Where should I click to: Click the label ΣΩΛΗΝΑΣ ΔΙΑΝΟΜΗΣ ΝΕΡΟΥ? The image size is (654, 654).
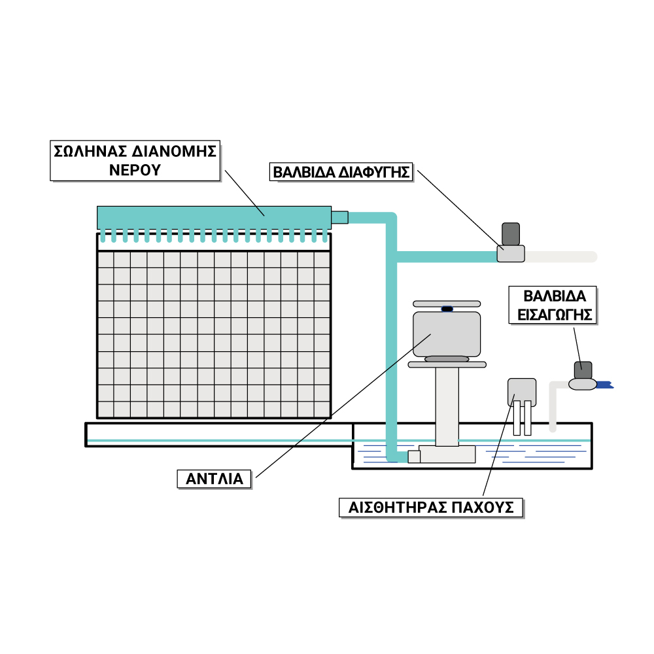135,161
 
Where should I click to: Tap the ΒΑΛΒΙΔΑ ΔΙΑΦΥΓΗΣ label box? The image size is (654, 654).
341,173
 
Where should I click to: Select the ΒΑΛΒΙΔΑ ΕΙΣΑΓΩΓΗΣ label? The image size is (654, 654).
553,304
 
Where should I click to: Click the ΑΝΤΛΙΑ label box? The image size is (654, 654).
215,479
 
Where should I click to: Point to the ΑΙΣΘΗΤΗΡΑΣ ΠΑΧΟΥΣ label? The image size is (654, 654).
431,508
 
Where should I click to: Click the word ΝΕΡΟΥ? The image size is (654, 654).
135,170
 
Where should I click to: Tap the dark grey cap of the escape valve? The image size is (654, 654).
511,233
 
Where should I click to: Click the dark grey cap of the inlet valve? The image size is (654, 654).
583,370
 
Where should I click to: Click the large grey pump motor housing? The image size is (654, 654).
447,333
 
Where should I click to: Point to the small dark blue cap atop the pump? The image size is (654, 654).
447,309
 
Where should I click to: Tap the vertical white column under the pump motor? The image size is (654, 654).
447,405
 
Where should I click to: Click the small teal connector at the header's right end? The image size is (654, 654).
339,217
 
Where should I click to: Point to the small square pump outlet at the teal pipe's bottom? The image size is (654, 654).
414,456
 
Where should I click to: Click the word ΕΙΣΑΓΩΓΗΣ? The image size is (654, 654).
553,314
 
